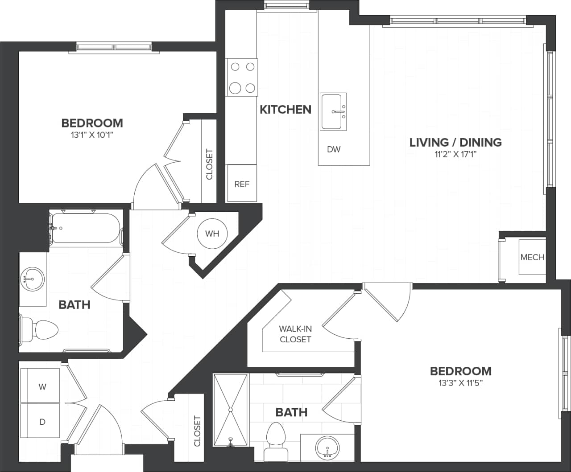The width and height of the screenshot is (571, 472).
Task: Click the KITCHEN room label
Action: coord(285,109)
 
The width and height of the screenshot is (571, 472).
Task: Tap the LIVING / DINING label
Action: coord(455,142)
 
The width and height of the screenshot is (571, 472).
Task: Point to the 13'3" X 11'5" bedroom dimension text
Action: coord(461,383)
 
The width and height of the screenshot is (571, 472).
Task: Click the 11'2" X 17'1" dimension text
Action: coord(455,155)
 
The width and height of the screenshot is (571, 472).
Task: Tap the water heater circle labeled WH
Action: coord(212,234)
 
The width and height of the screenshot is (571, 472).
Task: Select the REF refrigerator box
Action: coord(242,184)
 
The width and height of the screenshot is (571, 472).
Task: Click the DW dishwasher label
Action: coord(334,149)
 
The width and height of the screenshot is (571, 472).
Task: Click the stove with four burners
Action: coord(242,77)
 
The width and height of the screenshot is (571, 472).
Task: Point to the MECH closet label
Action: coord(532,257)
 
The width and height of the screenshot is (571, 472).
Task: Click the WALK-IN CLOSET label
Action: coord(295,334)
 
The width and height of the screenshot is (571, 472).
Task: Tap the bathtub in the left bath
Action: coord(86,228)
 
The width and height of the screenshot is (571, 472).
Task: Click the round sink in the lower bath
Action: coord(327,447)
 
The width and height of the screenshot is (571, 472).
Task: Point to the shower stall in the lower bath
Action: coord(230,410)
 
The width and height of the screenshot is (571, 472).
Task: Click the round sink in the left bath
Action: coord(33,279)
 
